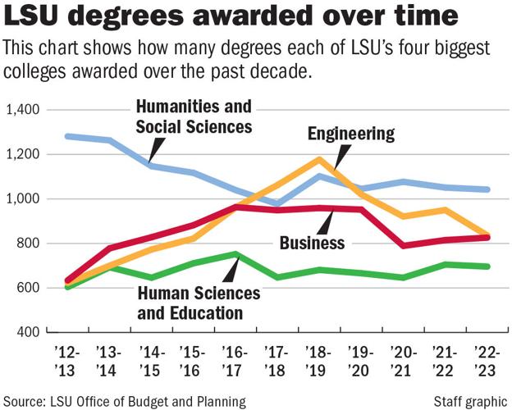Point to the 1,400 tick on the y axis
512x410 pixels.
pyautogui.click(x=25, y=110)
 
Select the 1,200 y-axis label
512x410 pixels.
pyautogui.click(x=25, y=154)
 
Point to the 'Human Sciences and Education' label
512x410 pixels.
pyautogui.click(x=199, y=302)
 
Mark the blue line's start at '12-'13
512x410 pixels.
pyautogui.click(x=66, y=136)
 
